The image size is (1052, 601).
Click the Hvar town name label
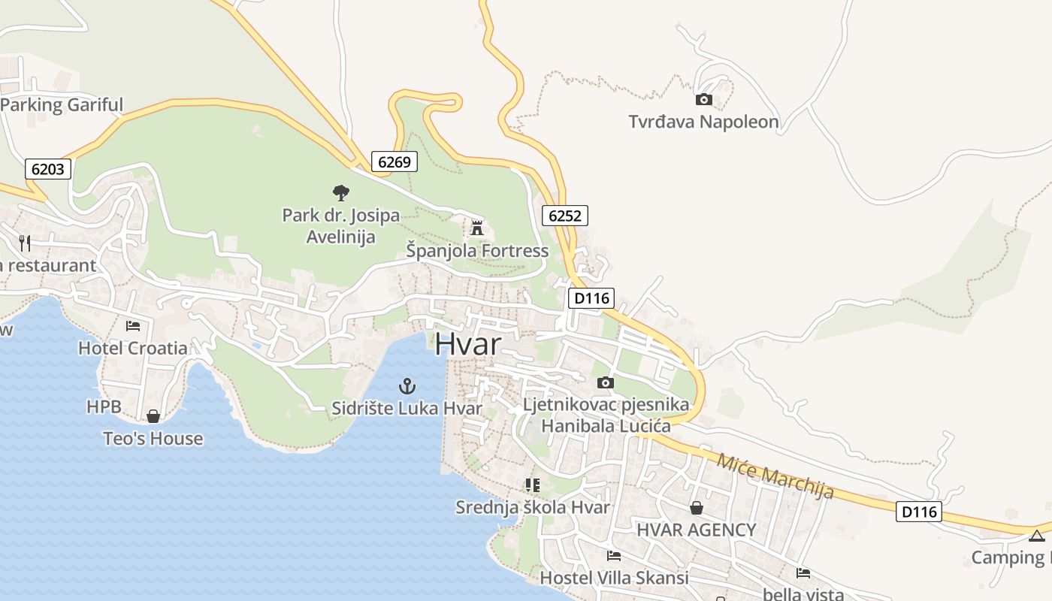(x=467, y=344)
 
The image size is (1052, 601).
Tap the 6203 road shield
(x=48, y=169)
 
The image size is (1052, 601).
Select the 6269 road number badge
(x=394, y=162)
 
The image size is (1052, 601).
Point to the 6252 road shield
(x=564, y=216)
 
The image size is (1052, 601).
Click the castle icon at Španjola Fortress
(x=476, y=228)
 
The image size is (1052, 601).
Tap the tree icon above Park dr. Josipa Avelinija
(x=340, y=193)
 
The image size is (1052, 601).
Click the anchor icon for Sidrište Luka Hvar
(x=407, y=387)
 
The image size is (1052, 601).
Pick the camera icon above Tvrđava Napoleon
(x=703, y=99)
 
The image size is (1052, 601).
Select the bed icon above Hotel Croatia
(x=133, y=326)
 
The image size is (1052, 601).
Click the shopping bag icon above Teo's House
(x=153, y=416)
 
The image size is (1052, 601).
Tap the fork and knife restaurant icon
(x=25, y=243)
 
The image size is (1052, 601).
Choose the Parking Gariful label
(x=62, y=104)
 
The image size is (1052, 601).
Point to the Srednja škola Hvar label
(x=533, y=507)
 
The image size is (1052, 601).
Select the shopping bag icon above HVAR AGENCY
(x=697, y=508)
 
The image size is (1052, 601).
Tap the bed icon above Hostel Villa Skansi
(x=614, y=556)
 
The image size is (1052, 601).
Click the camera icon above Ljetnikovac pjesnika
(x=605, y=383)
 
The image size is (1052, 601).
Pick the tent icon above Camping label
(x=1037, y=536)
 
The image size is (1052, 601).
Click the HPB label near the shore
(x=103, y=406)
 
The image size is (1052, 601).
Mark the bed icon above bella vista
(x=803, y=573)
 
